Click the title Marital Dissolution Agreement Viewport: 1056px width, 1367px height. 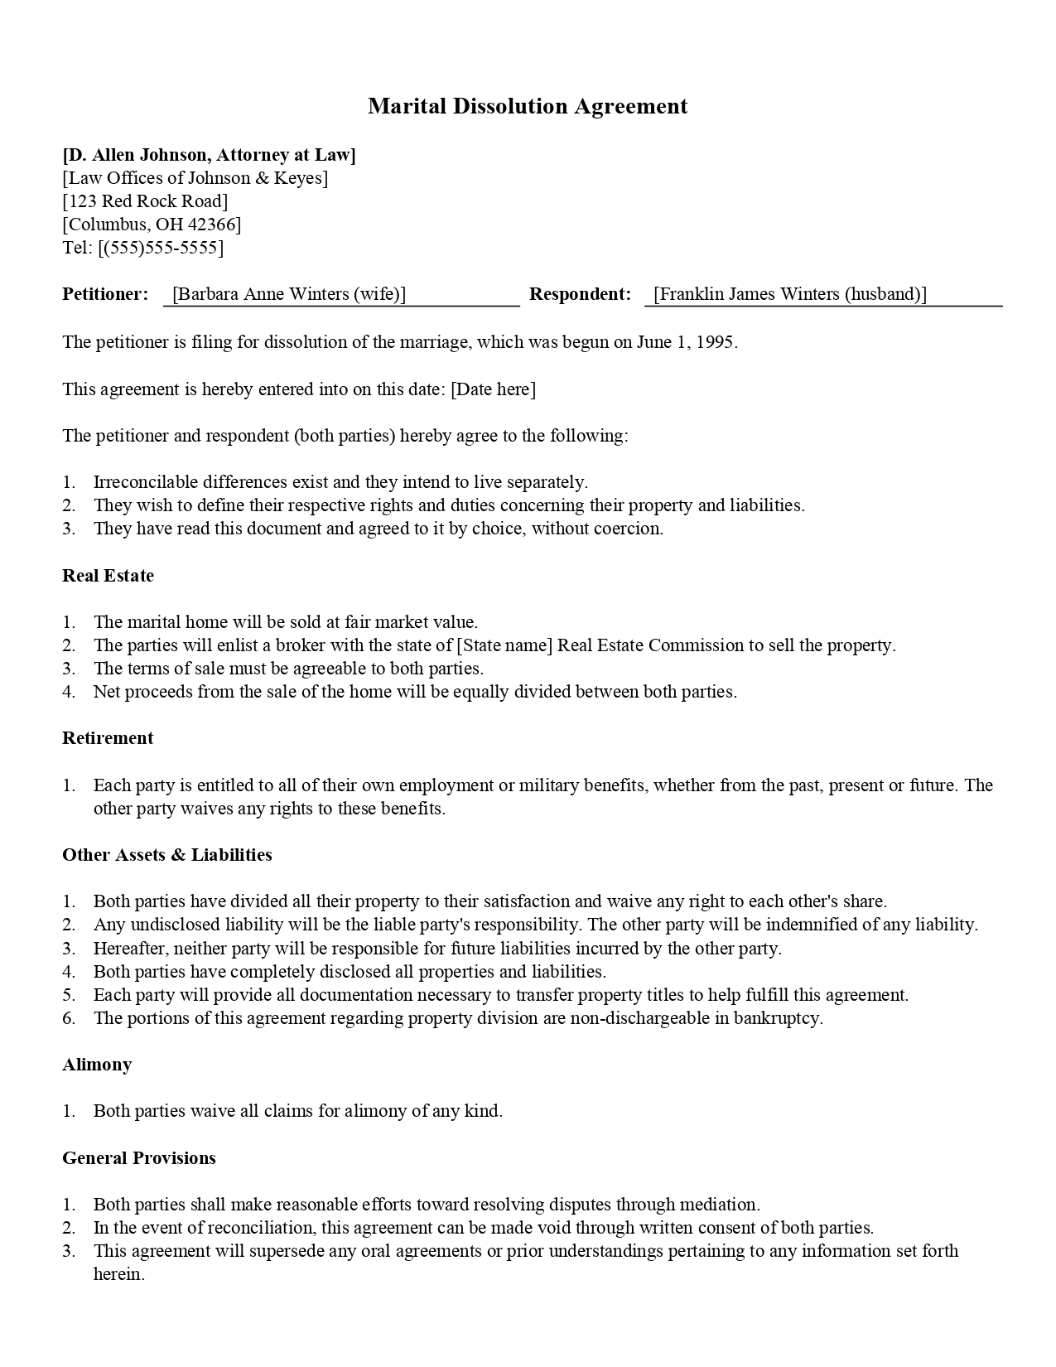tap(528, 107)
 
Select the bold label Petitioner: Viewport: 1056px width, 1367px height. tap(105, 294)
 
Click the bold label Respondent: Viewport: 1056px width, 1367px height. tap(580, 294)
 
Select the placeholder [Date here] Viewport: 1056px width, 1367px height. tap(493, 389)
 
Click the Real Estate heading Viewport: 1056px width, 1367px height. tap(108, 576)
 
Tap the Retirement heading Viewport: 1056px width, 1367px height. tap(108, 738)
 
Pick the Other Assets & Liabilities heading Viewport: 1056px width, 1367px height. tap(167, 855)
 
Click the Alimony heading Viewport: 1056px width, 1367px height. tap(97, 1065)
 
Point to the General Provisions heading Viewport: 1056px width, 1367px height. tap(139, 1158)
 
